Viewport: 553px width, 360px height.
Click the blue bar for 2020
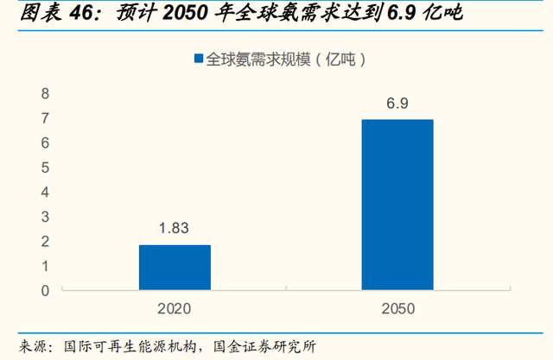[x=175, y=268]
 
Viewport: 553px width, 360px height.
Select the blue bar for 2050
[x=397, y=205]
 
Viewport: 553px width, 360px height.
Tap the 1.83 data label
[x=175, y=229]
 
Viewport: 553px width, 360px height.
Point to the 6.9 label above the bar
[x=397, y=104]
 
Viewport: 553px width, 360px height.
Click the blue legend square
[x=198, y=59]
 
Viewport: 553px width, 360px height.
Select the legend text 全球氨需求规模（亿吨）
[x=286, y=59]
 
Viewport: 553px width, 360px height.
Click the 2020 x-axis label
[x=175, y=307]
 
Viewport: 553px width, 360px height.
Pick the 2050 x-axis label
[x=397, y=307]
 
